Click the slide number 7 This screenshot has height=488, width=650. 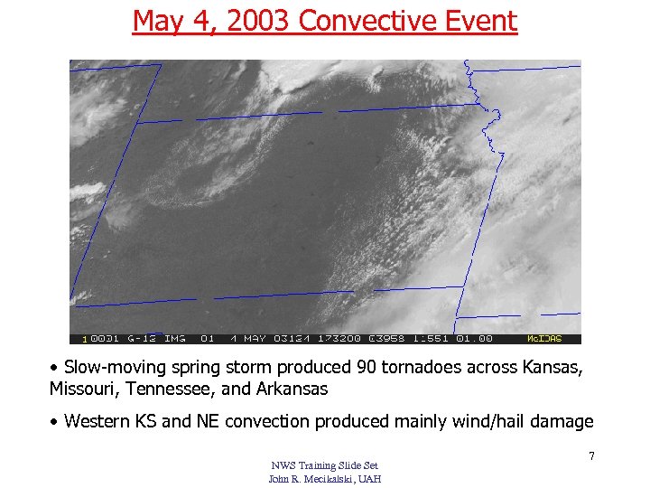pos(591,456)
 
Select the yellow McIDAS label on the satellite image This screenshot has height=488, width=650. pos(544,339)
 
